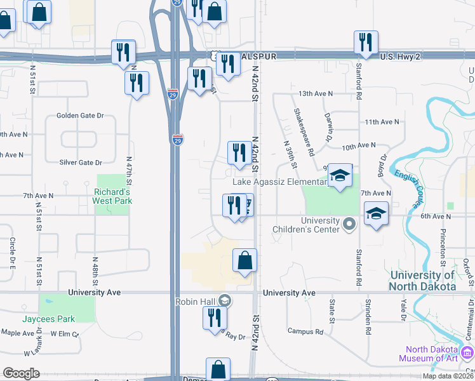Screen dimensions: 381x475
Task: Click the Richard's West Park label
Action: tap(112, 196)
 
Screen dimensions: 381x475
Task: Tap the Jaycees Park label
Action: tap(48, 319)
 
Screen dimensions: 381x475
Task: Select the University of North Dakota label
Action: tap(423, 281)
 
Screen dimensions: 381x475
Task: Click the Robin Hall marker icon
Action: tap(224, 300)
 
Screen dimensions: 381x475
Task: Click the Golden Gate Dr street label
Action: tap(80, 116)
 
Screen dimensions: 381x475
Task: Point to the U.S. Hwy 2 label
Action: tap(401, 57)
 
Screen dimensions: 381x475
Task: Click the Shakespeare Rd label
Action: tap(304, 132)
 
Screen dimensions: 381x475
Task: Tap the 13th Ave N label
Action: tap(316, 93)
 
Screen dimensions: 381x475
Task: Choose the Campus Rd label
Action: tap(305, 331)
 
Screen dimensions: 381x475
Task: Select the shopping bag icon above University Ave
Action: tap(244, 260)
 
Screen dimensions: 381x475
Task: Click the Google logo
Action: tap(21, 373)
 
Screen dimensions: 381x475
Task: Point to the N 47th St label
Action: tap(130, 171)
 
